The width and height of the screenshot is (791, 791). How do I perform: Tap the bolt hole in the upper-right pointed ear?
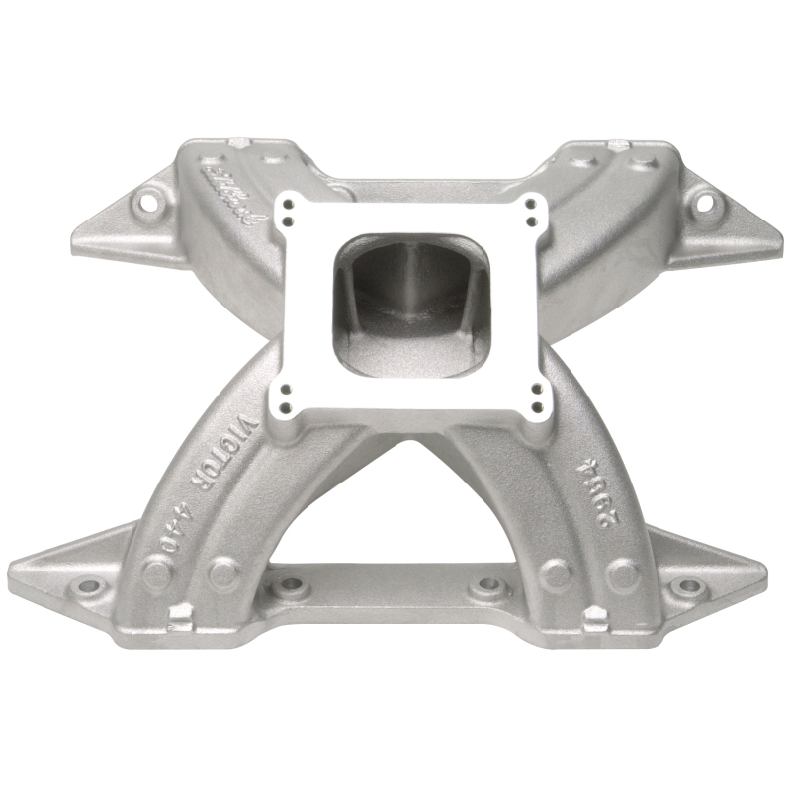[x=705, y=206]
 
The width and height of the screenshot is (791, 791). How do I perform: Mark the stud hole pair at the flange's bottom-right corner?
[x=538, y=395]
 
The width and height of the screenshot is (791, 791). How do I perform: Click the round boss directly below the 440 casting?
[x=158, y=572]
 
